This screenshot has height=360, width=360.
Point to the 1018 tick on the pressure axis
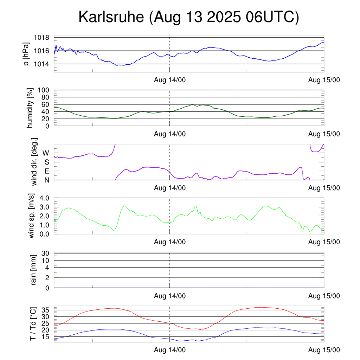click(x=41, y=38)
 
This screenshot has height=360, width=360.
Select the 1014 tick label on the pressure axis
click(x=41, y=64)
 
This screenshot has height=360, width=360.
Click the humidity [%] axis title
click(x=31, y=108)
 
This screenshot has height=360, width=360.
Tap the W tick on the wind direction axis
click(x=46, y=153)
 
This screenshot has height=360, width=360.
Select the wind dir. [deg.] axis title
click(x=34, y=162)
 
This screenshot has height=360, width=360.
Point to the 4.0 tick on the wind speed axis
click(x=46, y=198)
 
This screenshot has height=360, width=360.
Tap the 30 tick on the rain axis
click(x=46, y=253)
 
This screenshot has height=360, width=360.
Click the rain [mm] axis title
click(x=34, y=270)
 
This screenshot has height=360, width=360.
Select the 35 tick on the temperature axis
click(x=46, y=310)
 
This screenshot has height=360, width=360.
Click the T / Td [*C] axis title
click(x=33, y=324)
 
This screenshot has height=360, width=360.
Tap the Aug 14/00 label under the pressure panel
click(x=170, y=80)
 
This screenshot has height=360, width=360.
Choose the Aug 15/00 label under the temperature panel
click(x=324, y=350)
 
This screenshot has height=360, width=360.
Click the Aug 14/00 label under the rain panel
click(x=170, y=296)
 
